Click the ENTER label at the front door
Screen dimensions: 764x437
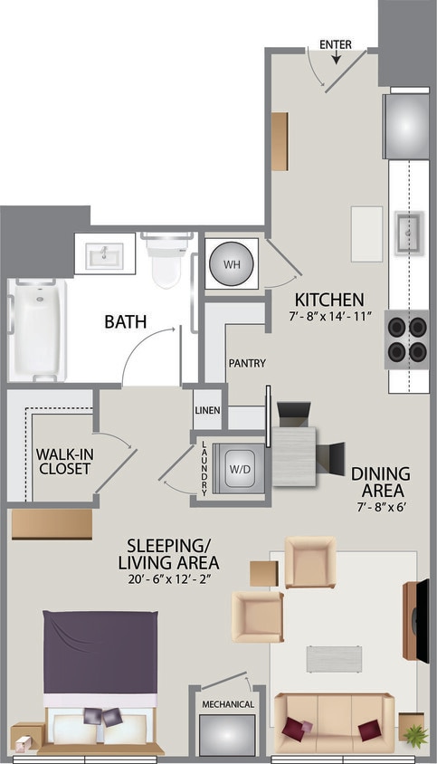(x=336, y=44)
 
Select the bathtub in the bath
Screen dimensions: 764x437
(x=37, y=329)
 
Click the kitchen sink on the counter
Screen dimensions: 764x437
(x=408, y=231)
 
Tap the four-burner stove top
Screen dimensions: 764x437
(x=406, y=339)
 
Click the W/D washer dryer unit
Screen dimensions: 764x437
(x=241, y=468)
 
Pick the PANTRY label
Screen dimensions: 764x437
(x=246, y=364)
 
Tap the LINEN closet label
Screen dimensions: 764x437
(x=207, y=411)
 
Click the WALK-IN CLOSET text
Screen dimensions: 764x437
(x=63, y=461)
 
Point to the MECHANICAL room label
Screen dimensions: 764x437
(x=227, y=703)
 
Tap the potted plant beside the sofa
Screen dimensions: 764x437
(x=415, y=735)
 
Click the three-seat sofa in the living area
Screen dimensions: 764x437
(x=334, y=723)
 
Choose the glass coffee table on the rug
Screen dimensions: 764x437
(x=333, y=658)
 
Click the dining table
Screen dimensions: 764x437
(x=294, y=455)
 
